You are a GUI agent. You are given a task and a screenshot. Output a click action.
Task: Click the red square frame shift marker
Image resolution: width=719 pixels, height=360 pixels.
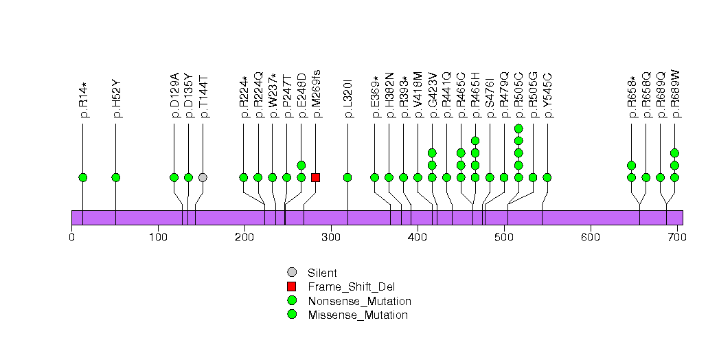315,177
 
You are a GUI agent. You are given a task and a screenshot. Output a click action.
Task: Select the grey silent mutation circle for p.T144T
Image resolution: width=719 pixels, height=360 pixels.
203,177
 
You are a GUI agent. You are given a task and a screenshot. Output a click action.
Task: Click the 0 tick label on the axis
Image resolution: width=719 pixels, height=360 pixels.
71,238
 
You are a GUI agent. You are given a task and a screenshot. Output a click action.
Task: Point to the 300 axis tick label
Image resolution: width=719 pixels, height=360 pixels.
331,238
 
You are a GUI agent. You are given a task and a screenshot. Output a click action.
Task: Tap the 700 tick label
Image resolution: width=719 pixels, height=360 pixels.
677,238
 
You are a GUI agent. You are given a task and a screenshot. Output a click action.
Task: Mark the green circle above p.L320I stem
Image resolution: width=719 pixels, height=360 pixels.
347,177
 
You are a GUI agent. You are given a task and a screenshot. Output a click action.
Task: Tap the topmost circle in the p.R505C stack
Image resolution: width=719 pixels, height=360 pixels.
518,128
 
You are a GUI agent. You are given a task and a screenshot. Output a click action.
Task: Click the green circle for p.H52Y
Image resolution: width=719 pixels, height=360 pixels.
116,177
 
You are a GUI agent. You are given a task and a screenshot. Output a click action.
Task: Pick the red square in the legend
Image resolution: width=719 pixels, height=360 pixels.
292,286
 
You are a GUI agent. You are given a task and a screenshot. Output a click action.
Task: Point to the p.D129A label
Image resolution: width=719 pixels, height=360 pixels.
174,96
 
